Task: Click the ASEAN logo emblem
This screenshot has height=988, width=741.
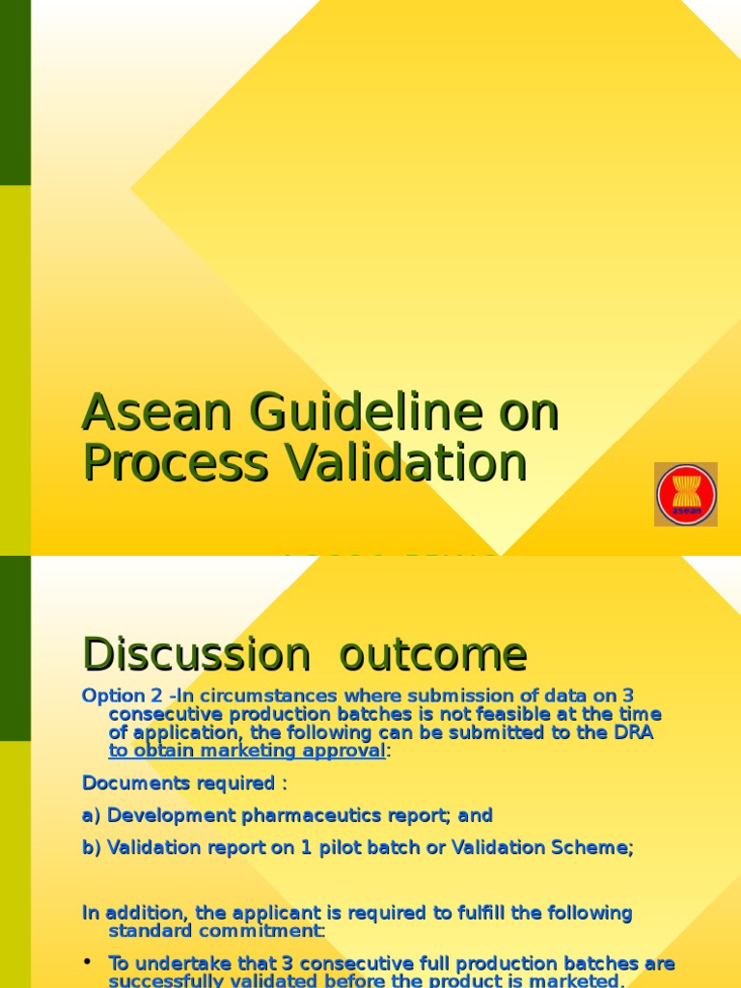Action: click(686, 494)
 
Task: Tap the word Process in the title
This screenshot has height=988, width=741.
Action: click(174, 462)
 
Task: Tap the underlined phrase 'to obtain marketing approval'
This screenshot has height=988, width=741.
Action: click(247, 751)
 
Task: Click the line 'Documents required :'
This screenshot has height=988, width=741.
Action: click(184, 782)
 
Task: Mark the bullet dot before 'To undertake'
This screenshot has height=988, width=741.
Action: click(88, 963)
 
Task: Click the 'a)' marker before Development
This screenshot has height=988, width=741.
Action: click(92, 815)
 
